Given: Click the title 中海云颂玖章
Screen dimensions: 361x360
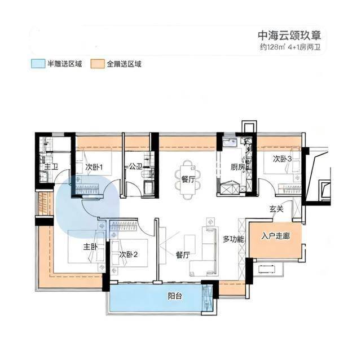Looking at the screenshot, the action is [289, 36].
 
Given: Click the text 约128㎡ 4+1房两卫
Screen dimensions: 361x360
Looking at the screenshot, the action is [290, 47].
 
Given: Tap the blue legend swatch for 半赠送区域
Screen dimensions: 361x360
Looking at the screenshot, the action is [38, 64].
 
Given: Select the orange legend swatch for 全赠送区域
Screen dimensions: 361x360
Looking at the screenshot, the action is [98, 64].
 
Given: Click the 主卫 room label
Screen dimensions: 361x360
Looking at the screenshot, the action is [51, 167].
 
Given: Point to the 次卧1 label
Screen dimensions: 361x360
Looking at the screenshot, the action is [94, 167].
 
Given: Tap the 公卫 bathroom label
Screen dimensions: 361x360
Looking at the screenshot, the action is [135, 166].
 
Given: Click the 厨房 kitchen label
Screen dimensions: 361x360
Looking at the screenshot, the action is [238, 167].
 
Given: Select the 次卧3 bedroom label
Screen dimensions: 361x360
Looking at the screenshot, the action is [283, 159].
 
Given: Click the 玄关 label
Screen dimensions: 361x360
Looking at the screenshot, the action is [276, 209].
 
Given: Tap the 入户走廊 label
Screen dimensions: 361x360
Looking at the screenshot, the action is [275, 236].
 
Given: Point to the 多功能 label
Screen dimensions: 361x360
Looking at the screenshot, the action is [233, 239].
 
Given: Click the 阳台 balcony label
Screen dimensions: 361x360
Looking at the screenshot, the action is [175, 296].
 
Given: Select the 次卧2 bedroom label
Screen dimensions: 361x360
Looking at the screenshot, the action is [129, 254].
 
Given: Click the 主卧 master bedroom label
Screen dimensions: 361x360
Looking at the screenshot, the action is [90, 247].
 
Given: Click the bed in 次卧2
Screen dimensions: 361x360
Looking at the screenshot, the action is [129, 253].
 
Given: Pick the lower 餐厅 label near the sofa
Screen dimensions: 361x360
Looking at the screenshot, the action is [183, 255].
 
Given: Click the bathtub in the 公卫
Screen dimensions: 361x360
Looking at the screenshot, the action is [149, 188].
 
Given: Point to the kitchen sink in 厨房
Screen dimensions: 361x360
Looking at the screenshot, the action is [229, 143].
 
